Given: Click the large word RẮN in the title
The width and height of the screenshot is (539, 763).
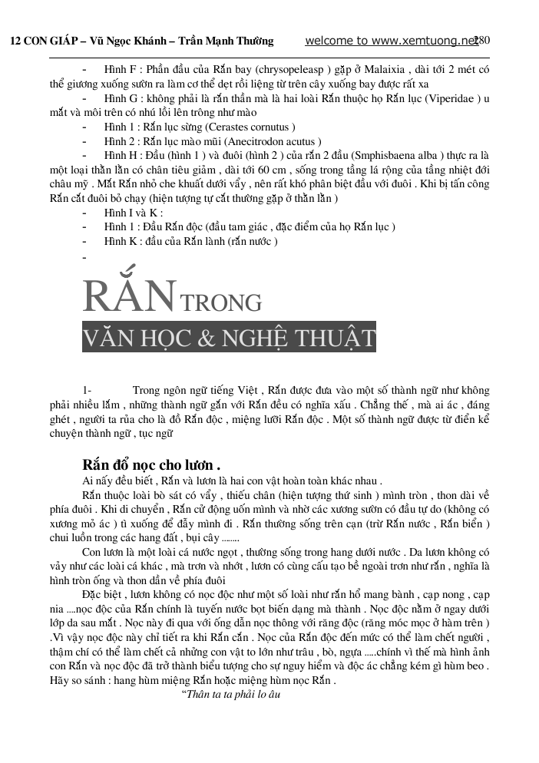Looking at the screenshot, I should tap(129, 296).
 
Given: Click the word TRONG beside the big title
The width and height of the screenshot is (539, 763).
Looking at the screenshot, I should tap(221, 302).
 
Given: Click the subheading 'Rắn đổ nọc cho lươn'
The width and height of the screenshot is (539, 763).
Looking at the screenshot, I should tap(151, 464).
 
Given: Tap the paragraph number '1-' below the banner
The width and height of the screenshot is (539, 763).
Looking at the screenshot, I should tap(87, 391).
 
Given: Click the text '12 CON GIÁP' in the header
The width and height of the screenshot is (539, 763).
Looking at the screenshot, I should tap(39, 41).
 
